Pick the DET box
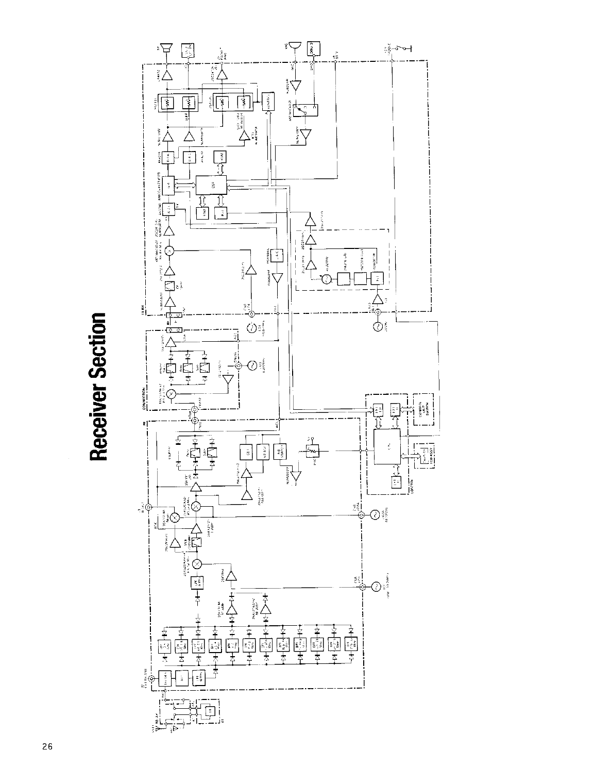[x=246, y=451]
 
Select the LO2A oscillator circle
[x=375, y=514]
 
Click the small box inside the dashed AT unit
[x=209, y=712]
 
